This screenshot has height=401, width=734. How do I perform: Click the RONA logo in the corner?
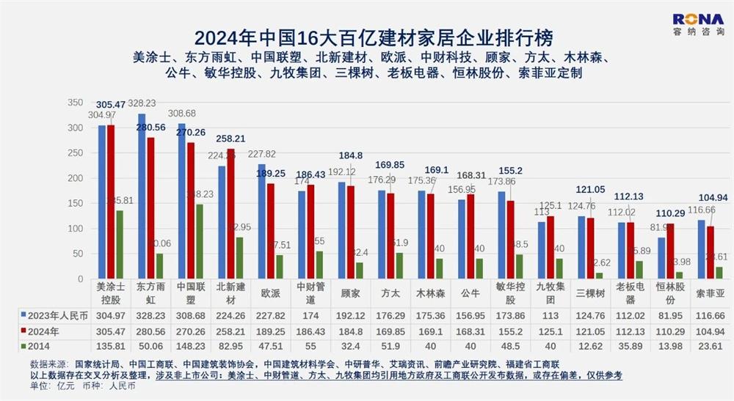coord(698,25)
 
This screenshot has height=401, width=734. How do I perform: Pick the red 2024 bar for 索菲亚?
coord(711,253)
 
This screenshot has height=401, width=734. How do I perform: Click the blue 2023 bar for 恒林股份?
coord(661,259)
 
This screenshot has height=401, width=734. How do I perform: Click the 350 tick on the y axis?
coord(75,103)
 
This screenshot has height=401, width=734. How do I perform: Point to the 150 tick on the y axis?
coord(75,204)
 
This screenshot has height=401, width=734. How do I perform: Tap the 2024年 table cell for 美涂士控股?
coord(110,330)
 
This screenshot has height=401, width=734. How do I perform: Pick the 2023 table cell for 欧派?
coord(269,316)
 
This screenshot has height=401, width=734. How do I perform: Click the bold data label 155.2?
coord(506,169)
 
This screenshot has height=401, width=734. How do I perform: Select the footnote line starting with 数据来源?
coord(294,364)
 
